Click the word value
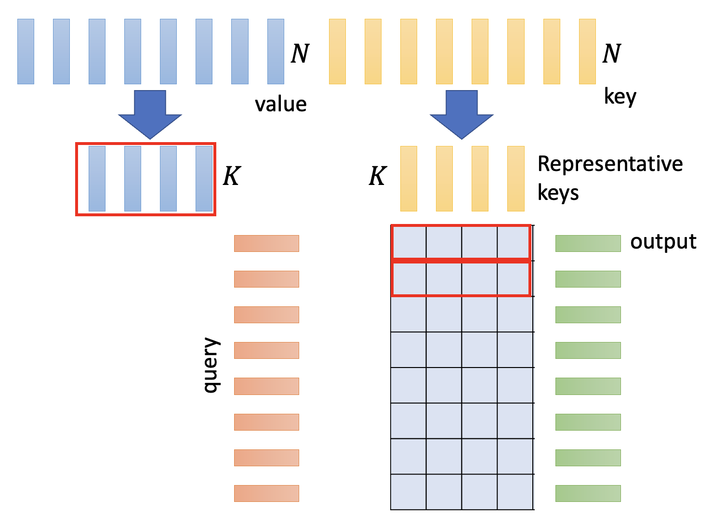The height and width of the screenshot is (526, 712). click(x=280, y=104)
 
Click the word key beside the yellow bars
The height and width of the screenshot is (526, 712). click(x=620, y=97)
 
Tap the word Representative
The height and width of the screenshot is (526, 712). click(x=610, y=164)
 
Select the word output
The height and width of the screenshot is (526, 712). click(x=663, y=242)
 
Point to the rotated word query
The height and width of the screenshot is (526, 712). click(x=211, y=365)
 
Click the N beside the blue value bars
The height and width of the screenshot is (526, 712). click(x=300, y=53)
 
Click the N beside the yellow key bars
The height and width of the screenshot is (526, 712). click(x=611, y=53)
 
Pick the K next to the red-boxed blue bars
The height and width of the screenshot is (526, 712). click(x=231, y=176)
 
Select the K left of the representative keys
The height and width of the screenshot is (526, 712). click(x=377, y=176)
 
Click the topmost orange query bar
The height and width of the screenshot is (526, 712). click(x=266, y=243)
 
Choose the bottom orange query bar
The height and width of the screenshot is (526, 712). click(x=266, y=493)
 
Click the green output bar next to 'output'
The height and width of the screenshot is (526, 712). click(x=588, y=243)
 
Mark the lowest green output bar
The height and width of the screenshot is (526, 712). click(x=588, y=493)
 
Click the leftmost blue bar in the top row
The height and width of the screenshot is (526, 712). click(x=26, y=52)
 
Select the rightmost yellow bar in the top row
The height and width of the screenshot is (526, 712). click(x=587, y=52)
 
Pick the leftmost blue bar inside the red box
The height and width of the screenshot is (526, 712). click(x=97, y=179)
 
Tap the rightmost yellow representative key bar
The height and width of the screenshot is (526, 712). click(x=515, y=179)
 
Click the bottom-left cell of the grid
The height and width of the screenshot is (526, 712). click(x=408, y=492)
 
